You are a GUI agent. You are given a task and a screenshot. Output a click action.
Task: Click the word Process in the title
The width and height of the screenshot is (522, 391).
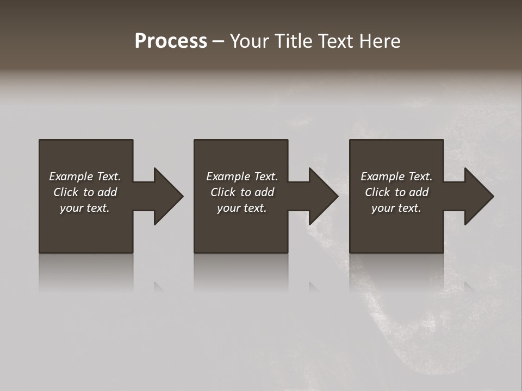click(x=171, y=41)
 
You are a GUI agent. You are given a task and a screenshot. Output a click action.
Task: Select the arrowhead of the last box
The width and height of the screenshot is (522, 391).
click(x=478, y=196)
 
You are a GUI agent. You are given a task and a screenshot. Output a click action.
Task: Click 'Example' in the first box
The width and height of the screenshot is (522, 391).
click(x=71, y=176)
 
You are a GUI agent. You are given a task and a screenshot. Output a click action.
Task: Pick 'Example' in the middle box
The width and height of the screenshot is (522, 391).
click(x=228, y=176)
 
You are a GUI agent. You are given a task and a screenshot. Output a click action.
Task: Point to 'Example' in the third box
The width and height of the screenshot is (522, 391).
click(x=382, y=176)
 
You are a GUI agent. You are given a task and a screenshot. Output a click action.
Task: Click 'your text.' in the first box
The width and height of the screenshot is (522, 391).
click(x=85, y=208)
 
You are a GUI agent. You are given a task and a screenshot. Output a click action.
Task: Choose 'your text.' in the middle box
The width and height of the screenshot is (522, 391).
click(x=242, y=208)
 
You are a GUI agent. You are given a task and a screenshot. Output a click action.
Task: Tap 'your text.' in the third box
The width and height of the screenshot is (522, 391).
click(x=396, y=208)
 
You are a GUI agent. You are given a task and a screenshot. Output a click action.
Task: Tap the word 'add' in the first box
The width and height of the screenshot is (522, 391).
click(x=108, y=192)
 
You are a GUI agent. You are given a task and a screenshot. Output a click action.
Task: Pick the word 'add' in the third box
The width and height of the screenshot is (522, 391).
click(x=419, y=192)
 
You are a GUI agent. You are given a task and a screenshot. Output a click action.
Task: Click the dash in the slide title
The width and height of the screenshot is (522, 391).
click(x=218, y=41)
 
